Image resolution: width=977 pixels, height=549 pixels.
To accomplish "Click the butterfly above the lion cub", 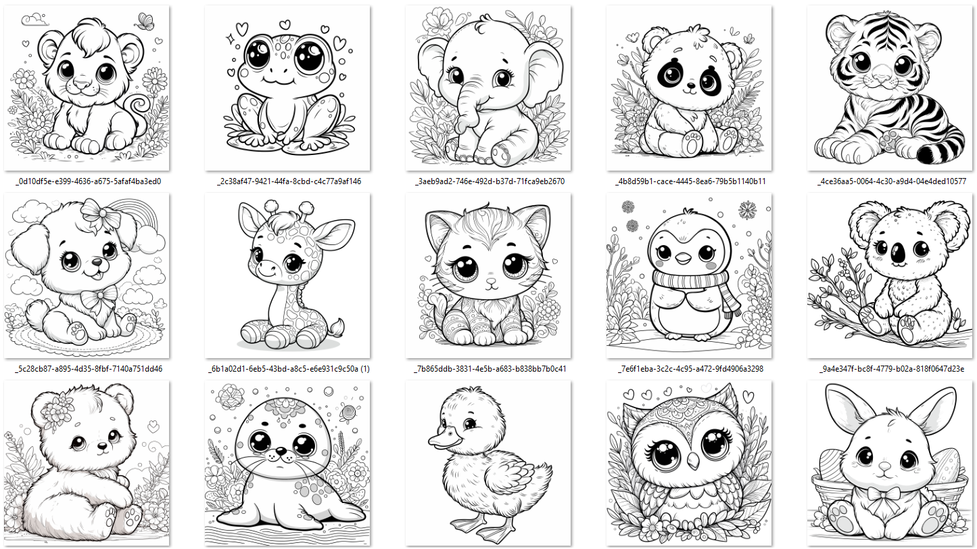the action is pos(146,22).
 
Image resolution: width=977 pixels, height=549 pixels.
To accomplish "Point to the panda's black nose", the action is pos(690,85).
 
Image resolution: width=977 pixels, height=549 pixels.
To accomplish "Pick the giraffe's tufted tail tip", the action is pos(337,328).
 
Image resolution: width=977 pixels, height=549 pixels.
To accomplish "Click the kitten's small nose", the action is pos(492,281).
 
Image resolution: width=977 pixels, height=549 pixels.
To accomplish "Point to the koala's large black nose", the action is pos(899,252).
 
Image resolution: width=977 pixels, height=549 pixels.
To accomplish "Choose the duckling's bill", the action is pos(443,437).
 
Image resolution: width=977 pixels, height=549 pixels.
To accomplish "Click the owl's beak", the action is pos(692,459).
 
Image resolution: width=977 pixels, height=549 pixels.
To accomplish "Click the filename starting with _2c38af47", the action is pos(289,181).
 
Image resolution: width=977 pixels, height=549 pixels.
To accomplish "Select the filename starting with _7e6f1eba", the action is pos(690,369).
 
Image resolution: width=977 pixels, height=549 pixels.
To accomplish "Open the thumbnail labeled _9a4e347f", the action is pos(890,276).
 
